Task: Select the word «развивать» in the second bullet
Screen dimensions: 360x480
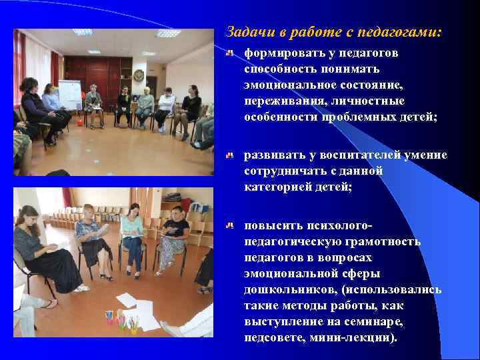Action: (274, 155)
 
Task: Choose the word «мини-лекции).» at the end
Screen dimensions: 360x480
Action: (362, 337)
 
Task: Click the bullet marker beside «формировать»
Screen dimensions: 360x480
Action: (229, 51)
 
